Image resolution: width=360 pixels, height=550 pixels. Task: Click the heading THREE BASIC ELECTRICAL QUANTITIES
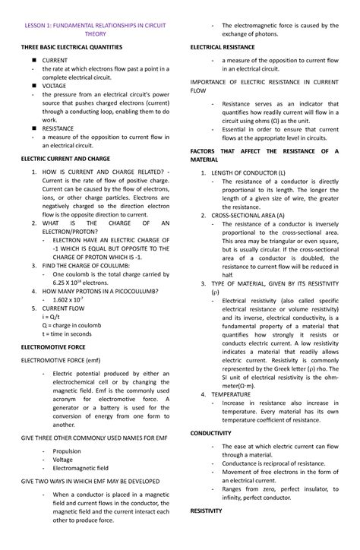coord(74,47)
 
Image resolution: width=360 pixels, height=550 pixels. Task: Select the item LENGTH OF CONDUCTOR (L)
coord(248,174)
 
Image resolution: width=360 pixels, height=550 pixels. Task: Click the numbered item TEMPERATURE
coord(234,395)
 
